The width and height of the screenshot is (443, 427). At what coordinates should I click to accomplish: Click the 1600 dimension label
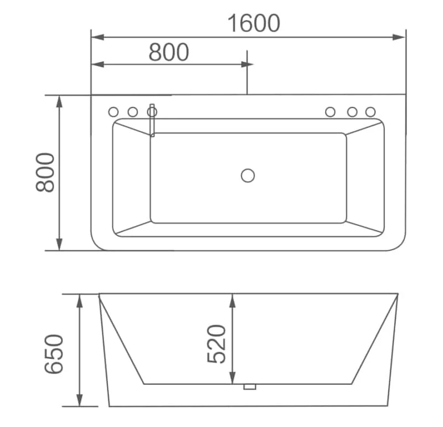click(254, 23)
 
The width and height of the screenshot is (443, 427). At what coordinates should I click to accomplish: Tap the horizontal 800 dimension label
click(169, 52)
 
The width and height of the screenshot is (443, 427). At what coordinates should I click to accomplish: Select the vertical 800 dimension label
click(45, 173)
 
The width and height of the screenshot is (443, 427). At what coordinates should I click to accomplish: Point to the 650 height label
click(54, 354)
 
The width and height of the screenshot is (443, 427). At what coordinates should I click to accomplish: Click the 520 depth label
click(217, 344)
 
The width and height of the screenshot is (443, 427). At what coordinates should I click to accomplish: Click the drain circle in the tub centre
click(248, 176)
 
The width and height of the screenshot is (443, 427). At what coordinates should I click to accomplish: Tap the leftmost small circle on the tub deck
click(114, 112)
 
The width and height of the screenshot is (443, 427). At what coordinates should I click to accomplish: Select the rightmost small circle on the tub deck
click(370, 112)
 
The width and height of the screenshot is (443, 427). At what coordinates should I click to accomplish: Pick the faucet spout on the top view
click(152, 120)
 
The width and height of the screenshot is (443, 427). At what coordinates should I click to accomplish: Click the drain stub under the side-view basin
click(250, 387)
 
